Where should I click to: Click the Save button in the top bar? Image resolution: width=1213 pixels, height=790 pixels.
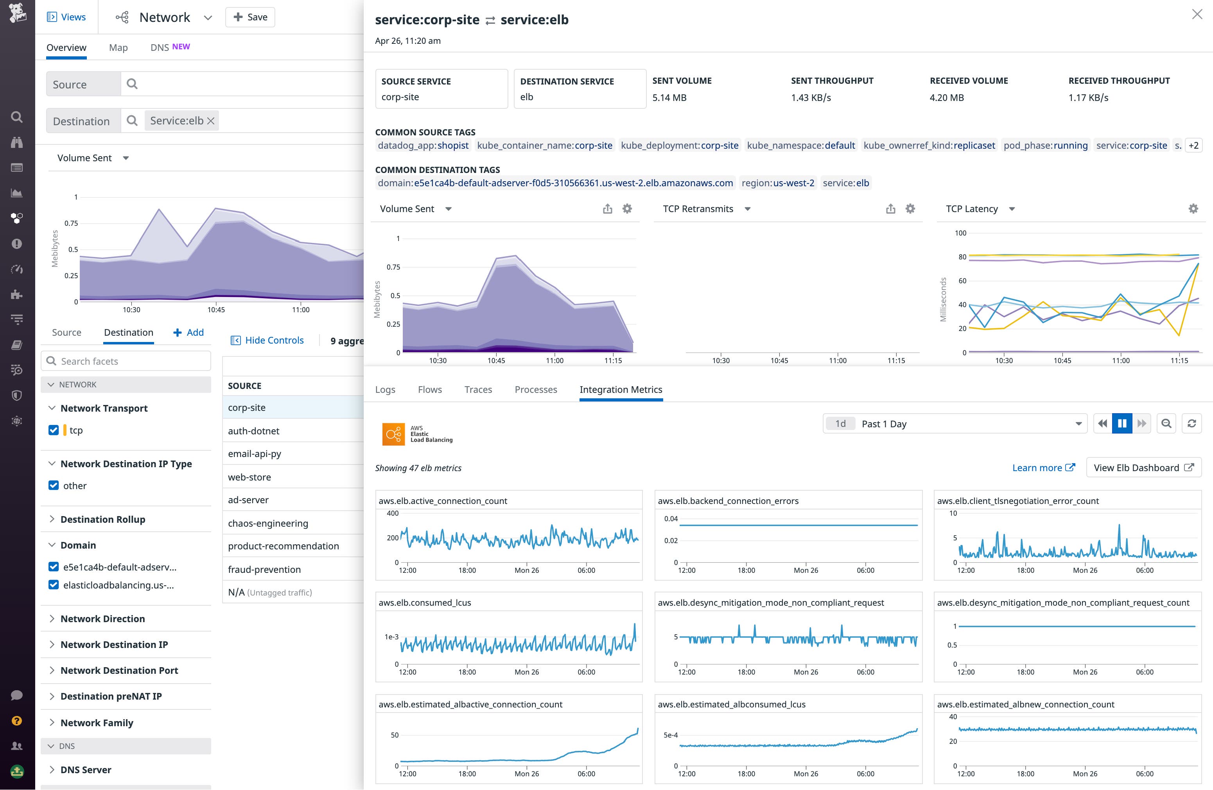point(250,17)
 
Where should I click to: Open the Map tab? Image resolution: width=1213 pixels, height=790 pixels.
point(118,47)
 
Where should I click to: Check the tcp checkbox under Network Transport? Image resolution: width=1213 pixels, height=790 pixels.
point(54,430)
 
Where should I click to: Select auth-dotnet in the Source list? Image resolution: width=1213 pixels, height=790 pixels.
point(253,431)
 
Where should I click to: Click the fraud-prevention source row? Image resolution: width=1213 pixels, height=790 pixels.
point(264,569)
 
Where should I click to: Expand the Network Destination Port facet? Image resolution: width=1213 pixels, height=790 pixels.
point(119,670)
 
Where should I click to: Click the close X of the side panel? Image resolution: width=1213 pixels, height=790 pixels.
point(1197,14)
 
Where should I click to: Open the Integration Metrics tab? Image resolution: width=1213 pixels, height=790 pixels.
point(620,390)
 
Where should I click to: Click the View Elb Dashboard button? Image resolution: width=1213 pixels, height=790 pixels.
point(1143,468)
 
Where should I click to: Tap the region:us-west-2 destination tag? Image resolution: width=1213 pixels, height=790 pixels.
point(777,183)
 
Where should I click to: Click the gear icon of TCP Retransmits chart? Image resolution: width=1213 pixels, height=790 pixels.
point(910,209)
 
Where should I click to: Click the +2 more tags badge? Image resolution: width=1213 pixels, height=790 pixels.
point(1193,145)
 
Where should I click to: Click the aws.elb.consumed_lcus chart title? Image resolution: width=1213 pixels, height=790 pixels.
point(425,602)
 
